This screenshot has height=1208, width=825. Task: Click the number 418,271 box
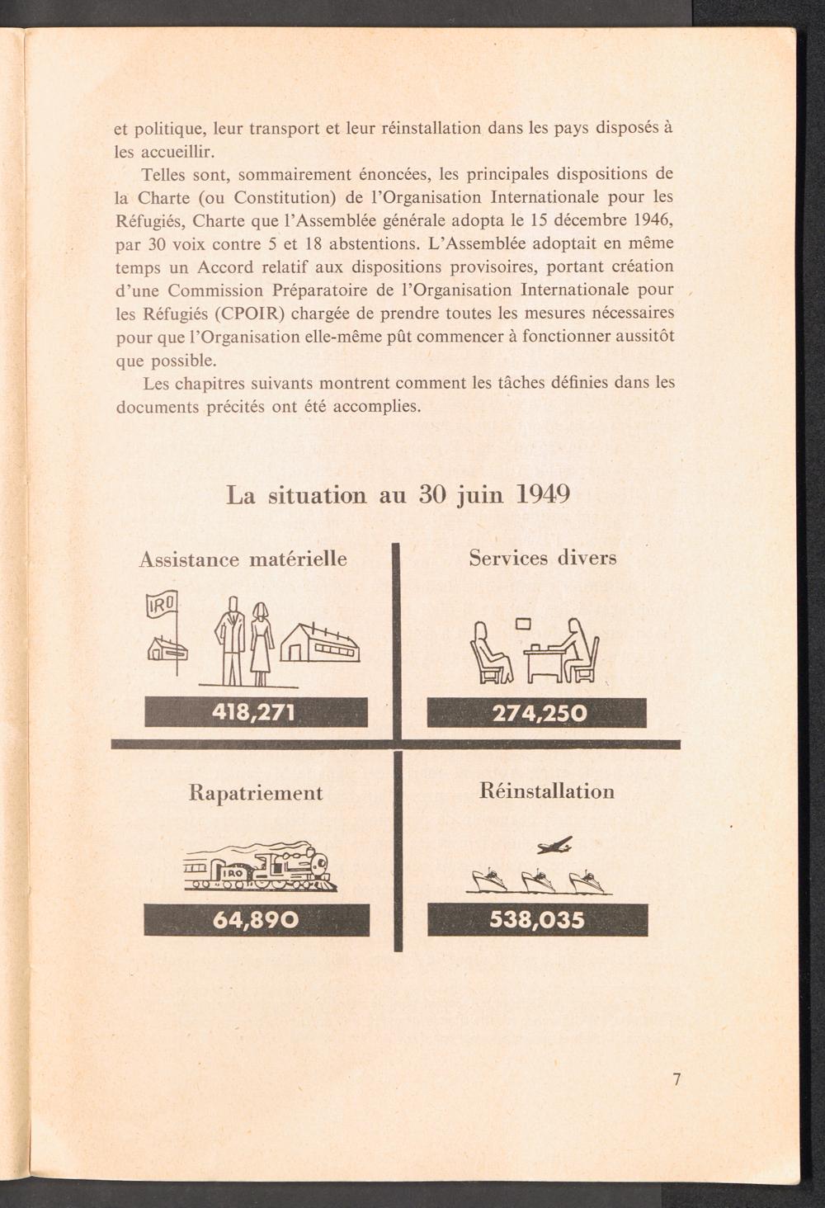click(256, 711)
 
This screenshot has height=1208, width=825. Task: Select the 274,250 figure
click(536, 712)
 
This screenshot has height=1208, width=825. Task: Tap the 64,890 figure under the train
click(256, 919)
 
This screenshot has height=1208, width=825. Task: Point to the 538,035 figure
click(537, 919)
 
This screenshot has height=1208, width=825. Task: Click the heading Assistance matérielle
click(243, 559)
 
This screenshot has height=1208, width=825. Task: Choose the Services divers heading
click(543, 558)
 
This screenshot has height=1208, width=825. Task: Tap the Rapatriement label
click(256, 793)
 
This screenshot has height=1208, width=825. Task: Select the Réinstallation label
click(546, 791)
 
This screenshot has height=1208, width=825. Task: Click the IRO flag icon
click(162, 608)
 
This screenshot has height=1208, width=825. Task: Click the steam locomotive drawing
click(260, 869)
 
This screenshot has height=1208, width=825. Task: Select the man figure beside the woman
click(231, 640)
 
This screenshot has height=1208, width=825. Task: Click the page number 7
click(676, 1079)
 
